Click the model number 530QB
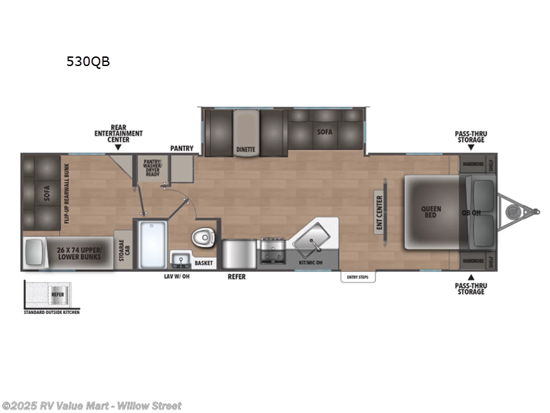pos(87,61)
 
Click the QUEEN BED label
pos(431,212)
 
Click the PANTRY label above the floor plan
pos(182,148)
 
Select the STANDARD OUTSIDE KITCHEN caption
pos(52,312)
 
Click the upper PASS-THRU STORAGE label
pos(470,136)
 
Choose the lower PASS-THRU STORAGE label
pos(470,288)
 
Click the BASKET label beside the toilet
pos(203,263)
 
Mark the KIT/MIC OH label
pos(309,263)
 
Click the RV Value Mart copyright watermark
pos(91,405)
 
